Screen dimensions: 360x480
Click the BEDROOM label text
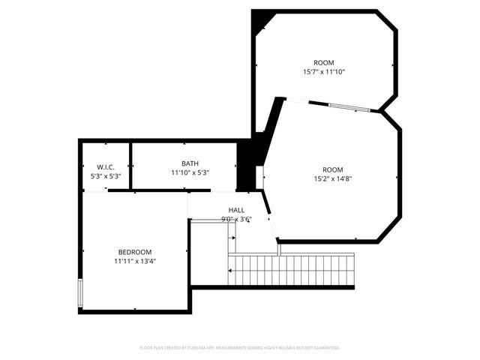click(x=135, y=252)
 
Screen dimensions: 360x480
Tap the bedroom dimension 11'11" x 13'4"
click(x=135, y=262)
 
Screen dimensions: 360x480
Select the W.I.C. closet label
click(x=106, y=166)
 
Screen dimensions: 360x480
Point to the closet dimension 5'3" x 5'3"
click(x=106, y=176)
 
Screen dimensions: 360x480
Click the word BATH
click(x=190, y=163)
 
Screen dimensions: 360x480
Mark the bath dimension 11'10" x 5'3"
click(x=190, y=173)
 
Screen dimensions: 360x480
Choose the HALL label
click(x=236, y=210)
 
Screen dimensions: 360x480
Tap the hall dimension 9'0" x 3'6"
click(x=236, y=220)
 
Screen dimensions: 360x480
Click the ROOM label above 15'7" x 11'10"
click(x=324, y=63)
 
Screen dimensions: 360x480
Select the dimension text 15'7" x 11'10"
click(x=324, y=73)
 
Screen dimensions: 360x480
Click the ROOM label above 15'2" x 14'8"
click(x=333, y=169)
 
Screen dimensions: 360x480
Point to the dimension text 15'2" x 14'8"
click(x=333, y=179)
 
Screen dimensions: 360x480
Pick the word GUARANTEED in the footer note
click(x=322, y=348)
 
